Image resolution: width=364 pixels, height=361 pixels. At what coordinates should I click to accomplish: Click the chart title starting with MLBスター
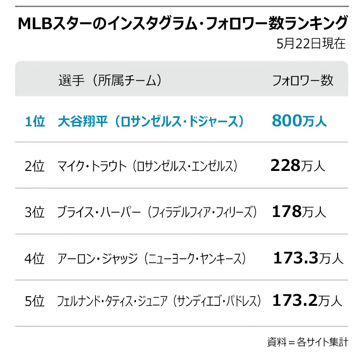[x=182, y=24]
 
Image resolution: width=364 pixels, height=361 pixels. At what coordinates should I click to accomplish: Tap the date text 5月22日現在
[x=311, y=44]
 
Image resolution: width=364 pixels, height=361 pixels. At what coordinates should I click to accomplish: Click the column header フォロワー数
[x=303, y=81]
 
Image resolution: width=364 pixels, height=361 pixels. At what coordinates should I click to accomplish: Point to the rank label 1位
[x=35, y=121]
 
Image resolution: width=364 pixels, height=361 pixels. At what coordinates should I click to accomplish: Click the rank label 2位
[x=35, y=166]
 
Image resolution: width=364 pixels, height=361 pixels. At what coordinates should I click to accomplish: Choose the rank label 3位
[x=35, y=212]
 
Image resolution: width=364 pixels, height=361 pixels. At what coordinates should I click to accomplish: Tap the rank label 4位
[x=35, y=258]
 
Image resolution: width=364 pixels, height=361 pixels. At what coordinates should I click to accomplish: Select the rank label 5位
[x=35, y=301]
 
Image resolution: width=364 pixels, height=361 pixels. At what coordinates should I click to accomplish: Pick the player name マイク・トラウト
[x=91, y=166]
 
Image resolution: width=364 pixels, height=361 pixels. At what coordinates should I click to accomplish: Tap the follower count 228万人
[x=298, y=165]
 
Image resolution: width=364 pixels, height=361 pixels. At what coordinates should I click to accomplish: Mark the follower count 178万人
[x=299, y=211]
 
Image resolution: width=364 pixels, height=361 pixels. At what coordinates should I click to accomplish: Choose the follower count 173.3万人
[x=308, y=258]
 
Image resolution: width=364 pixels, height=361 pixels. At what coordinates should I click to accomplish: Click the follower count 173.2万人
[x=307, y=301]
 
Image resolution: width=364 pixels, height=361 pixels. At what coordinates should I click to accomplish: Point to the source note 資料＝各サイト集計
[x=308, y=341]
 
